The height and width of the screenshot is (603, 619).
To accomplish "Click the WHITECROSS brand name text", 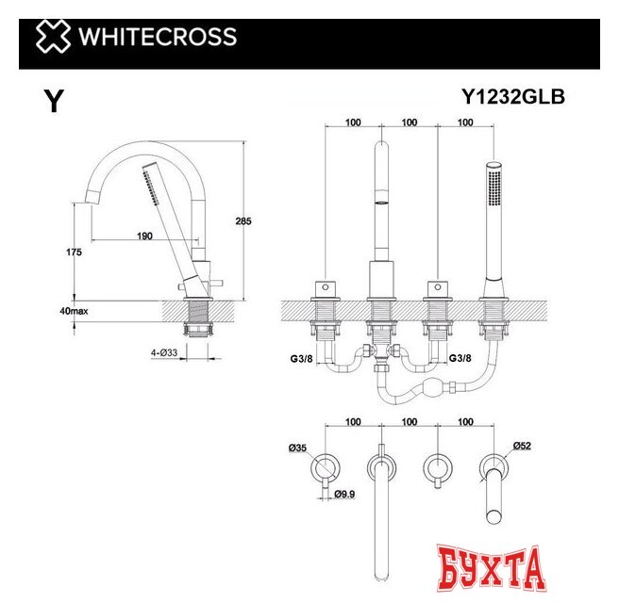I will pyautogui.click(x=156, y=38).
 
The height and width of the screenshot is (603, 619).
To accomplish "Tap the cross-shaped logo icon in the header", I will pyautogui.click(x=53, y=38).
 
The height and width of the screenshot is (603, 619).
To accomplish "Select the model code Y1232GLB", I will pyautogui.click(x=512, y=96).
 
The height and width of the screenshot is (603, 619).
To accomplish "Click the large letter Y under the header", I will pyautogui.click(x=55, y=102).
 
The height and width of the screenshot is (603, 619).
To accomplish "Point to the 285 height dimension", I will pyautogui.click(x=243, y=221).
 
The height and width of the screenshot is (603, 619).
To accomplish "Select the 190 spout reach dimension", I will pyautogui.click(x=145, y=236).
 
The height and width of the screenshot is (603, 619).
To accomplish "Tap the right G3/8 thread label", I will pyautogui.click(x=460, y=359).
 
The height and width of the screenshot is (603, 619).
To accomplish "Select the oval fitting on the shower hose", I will pyautogui.click(x=432, y=387).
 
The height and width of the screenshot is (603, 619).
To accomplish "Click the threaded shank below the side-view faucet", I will pyautogui.click(x=199, y=319).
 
